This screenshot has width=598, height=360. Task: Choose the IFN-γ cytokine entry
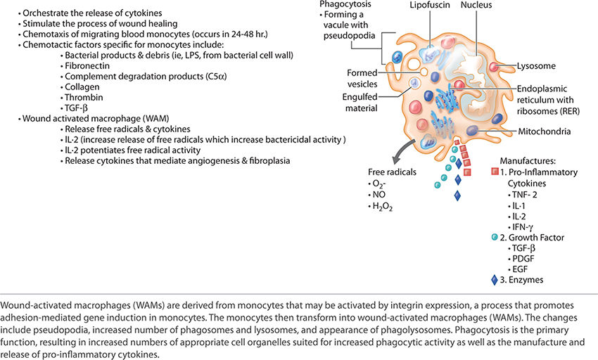[x=521, y=226]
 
